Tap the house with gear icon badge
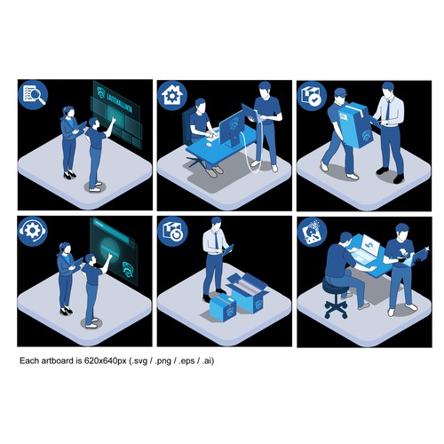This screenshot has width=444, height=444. click(170, 94)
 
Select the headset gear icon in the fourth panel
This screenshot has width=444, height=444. click(33, 231)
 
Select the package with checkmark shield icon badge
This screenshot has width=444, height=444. click(310, 94)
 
